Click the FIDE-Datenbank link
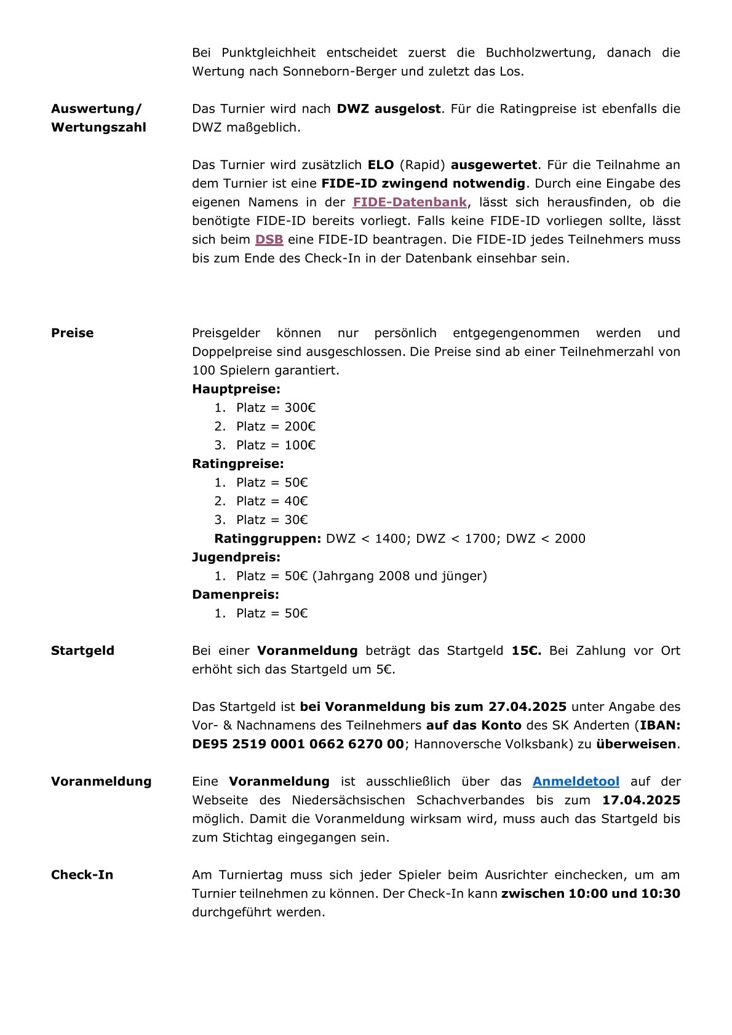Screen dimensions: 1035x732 (x=410, y=202)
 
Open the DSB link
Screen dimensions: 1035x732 (x=269, y=239)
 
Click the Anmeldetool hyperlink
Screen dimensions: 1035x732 (x=576, y=782)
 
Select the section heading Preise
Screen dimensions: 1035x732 (x=73, y=333)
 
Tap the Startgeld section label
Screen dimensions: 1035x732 (x=82, y=651)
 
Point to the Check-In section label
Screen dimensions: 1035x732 (x=82, y=875)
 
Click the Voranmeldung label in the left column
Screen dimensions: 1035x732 (x=101, y=782)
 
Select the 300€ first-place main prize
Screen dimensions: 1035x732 (x=300, y=408)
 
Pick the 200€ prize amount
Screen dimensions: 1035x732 (x=300, y=426)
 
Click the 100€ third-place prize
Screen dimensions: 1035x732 (x=300, y=445)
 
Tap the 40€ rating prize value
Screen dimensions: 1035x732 (x=296, y=501)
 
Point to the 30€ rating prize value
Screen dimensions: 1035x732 (x=296, y=520)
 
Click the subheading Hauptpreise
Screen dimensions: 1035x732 (x=236, y=389)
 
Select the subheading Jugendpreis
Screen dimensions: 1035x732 (x=236, y=557)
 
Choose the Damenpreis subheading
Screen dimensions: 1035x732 (x=236, y=595)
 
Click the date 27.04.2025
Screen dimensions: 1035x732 (x=527, y=707)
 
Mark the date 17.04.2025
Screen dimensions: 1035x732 (x=641, y=800)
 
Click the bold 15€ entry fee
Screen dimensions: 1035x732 (x=527, y=651)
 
